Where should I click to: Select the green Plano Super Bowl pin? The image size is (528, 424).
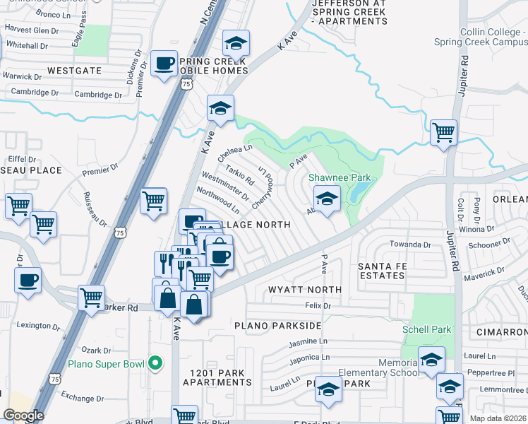point(156,365)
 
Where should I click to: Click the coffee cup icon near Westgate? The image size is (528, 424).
point(164,64)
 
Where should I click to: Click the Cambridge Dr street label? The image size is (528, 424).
point(98,95)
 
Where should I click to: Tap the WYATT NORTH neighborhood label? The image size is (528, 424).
point(305,290)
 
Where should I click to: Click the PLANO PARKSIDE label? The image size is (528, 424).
point(278,326)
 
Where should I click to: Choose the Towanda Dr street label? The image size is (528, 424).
point(410,245)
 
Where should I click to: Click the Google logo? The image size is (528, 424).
point(23,416)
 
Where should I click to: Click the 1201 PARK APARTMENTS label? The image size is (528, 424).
point(217,377)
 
